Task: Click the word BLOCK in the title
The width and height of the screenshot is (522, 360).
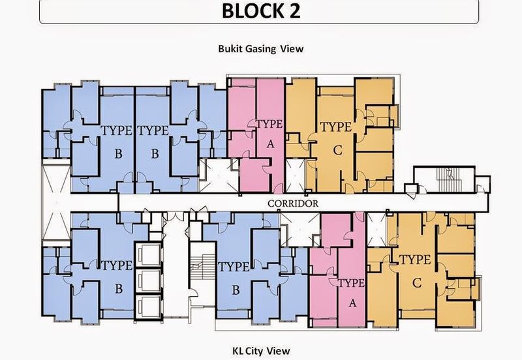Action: coord(251,10)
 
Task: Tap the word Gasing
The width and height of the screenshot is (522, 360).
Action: coord(260,49)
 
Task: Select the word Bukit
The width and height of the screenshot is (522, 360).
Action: coord(230,48)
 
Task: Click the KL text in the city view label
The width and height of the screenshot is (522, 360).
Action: coord(238,351)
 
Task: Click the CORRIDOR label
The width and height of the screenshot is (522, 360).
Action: coord(293,203)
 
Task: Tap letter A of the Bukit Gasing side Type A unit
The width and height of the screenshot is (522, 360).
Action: coord(270,144)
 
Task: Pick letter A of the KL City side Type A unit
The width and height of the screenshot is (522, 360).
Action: coord(352,303)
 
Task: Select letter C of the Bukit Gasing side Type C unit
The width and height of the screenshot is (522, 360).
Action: coord(337,151)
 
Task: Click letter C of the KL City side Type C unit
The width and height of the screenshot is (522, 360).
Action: coord(417,283)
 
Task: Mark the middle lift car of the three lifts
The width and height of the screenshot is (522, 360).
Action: coord(149,280)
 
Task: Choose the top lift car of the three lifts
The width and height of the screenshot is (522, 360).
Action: coord(149,255)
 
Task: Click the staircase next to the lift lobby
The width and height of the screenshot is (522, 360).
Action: coord(203,267)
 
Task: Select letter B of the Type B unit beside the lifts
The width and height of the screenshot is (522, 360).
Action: coord(119,289)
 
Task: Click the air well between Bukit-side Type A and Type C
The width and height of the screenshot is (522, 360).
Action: coord(296,176)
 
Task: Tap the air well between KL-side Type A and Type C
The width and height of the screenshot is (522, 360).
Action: coord(376,230)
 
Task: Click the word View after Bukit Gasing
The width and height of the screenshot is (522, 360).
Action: coord(292,49)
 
